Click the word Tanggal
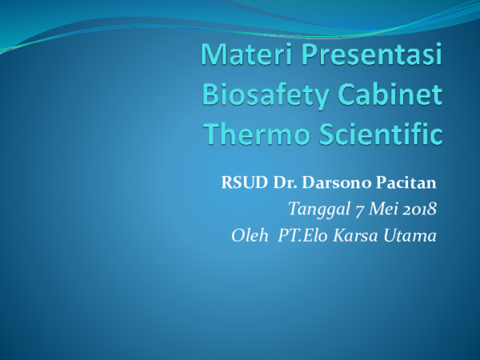click(x=314, y=211)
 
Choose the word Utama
click(x=413, y=236)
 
